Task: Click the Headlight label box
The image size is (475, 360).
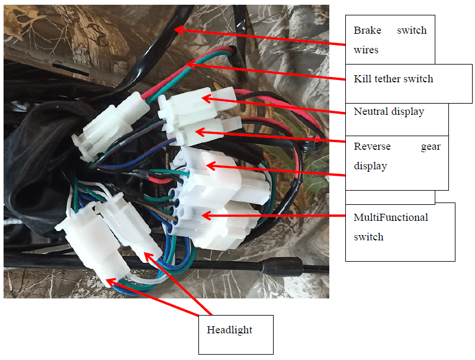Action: click(236, 335)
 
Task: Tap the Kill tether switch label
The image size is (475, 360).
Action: click(393, 79)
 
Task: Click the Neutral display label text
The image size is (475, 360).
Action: click(389, 111)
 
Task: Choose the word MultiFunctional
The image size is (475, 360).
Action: click(390, 217)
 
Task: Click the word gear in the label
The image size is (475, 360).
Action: click(430, 147)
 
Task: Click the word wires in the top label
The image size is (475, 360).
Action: click(366, 50)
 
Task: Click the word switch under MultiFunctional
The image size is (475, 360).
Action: click(368, 237)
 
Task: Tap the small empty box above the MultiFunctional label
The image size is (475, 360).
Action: click(390, 197)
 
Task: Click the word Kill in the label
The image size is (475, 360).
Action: click(362, 79)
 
